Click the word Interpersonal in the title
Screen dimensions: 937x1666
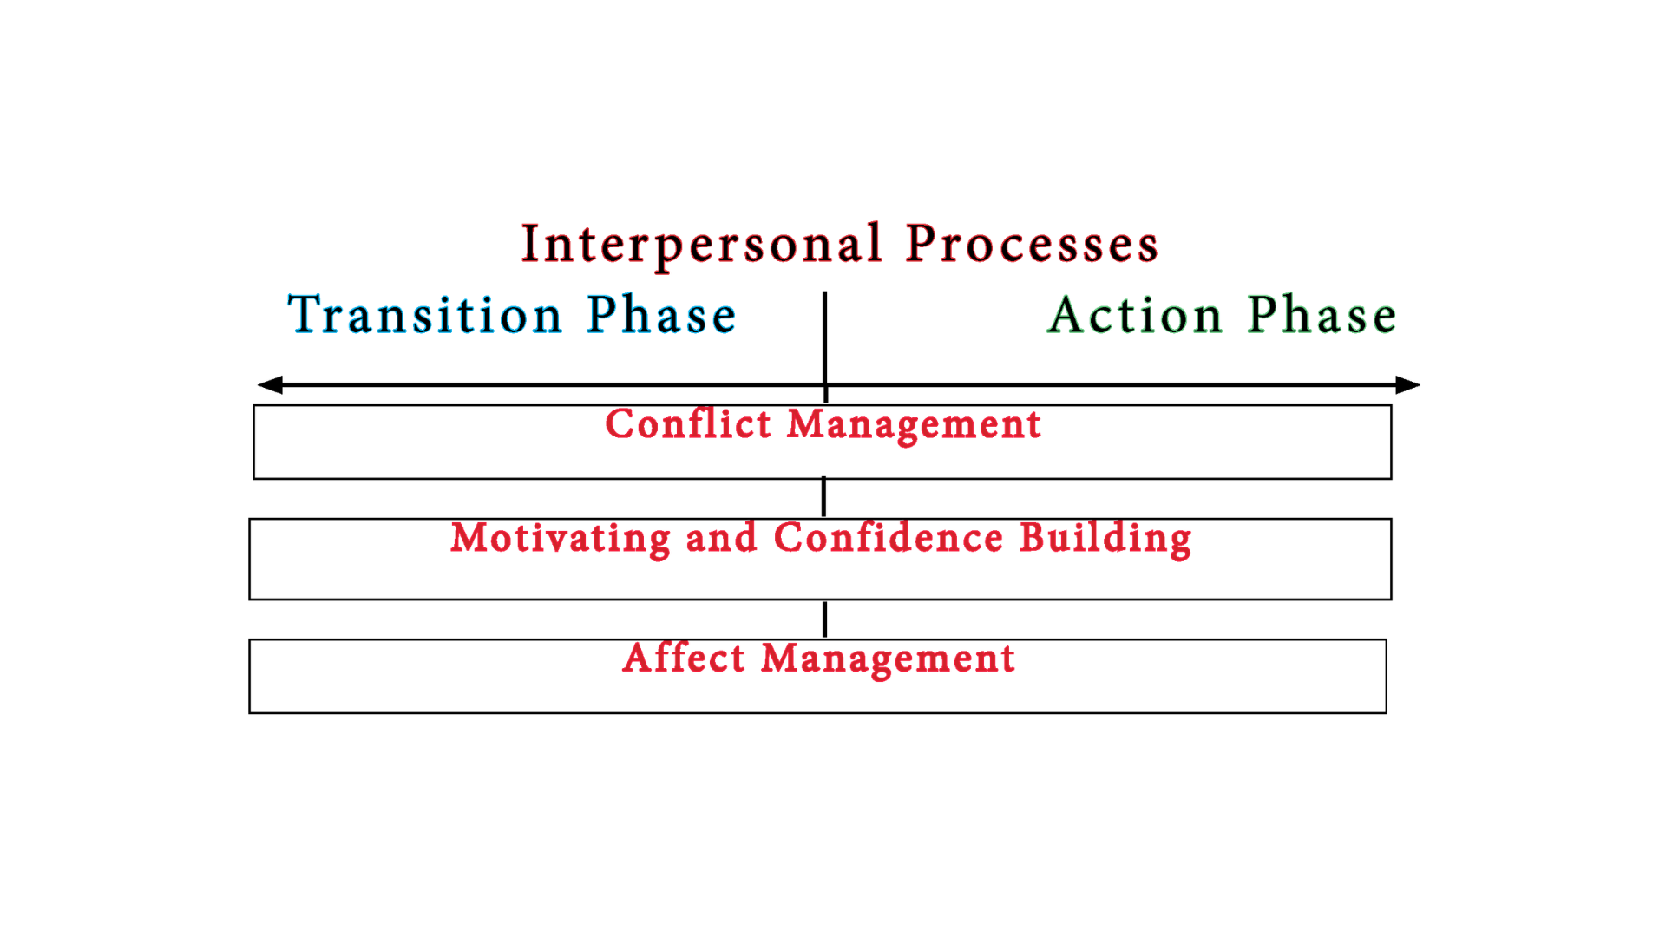pyautogui.click(x=701, y=245)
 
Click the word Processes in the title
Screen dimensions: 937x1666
pyautogui.click(x=1032, y=245)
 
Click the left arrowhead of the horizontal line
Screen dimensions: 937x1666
pyautogui.click(x=270, y=384)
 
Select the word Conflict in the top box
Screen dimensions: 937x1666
pyautogui.click(x=688, y=424)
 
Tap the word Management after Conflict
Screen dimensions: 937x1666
pyautogui.click(x=914, y=425)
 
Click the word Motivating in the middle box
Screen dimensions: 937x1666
pyautogui.click(x=561, y=538)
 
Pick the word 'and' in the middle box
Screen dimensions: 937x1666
pyautogui.click(x=721, y=538)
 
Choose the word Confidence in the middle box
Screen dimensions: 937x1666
pyautogui.click(x=889, y=538)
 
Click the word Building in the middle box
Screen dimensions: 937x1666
pyautogui.click(x=1105, y=539)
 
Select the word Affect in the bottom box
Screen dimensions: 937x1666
pyautogui.click(x=684, y=658)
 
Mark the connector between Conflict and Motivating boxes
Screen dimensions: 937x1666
pyautogui.click(x=823, y=497)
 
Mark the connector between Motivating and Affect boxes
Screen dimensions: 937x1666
pyautogui.click(x=824, y=619)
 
